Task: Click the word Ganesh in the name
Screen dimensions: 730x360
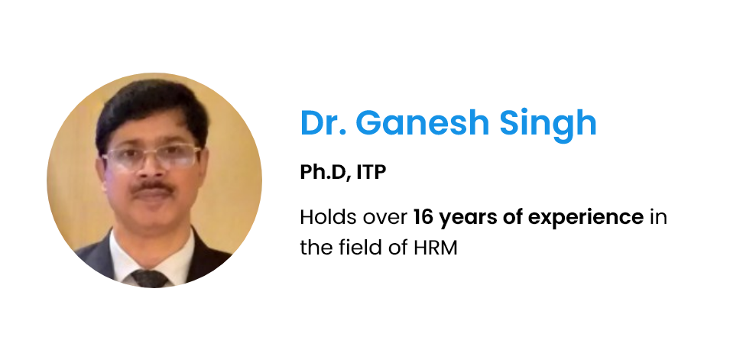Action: pyautogui.click(x=422, y=123)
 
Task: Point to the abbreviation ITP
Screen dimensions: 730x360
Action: pyautogui.click(x=371, y=172)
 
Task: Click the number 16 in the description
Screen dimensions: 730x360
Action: pyautogui.click(x=423, y=217)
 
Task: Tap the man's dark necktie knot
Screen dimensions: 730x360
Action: pyautogui.click(x=150, y=278)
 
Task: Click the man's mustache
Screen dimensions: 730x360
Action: pyautogui.click(x=152, y=187)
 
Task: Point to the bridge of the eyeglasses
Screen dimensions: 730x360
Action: pyautogui.click(x=151, y=152)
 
